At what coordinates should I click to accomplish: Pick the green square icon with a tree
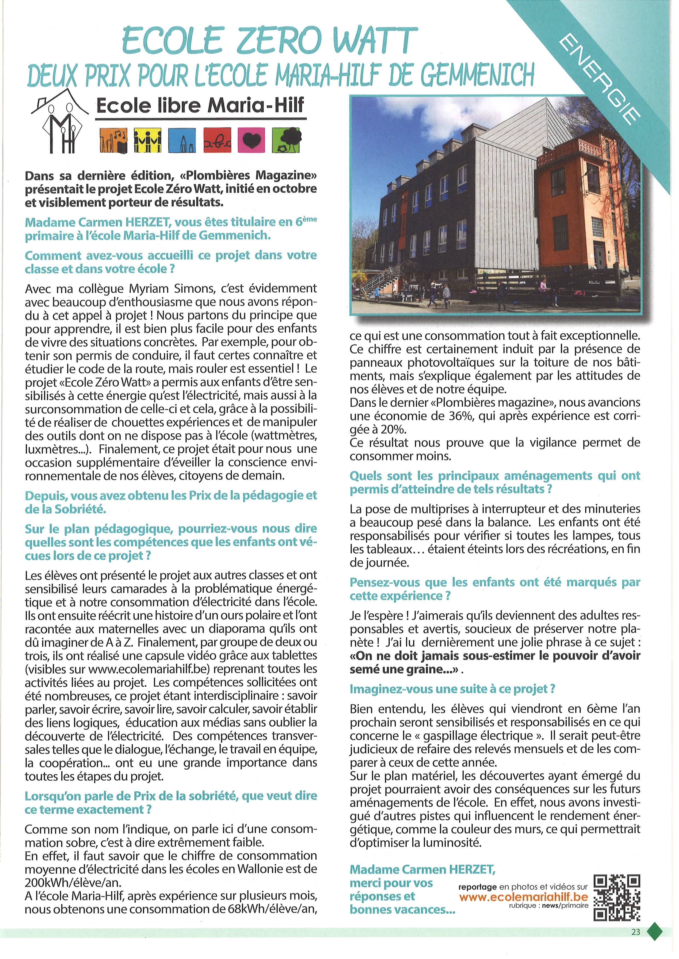coord(286,140)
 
